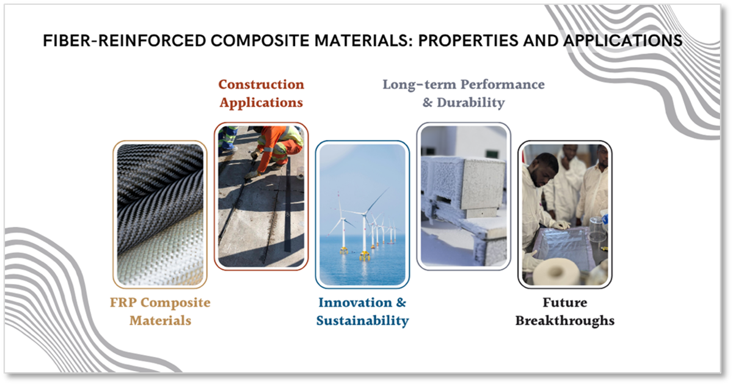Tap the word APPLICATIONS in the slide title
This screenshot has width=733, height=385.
click(622, 41)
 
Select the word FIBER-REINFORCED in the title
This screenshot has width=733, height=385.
click(125, 41)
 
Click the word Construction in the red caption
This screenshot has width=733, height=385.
click(261, 84)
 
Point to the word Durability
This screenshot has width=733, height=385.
click(471, 103)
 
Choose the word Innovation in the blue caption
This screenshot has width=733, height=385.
click(356, 302)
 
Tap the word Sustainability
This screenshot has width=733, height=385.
click(363, 321)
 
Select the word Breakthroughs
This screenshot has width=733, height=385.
click(565, 321)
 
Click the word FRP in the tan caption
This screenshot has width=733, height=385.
click(123, 302)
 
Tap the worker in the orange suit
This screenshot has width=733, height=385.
click(278, 147)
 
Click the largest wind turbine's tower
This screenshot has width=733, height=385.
click(364, 233)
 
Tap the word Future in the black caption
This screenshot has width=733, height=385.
click(565, 302)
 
